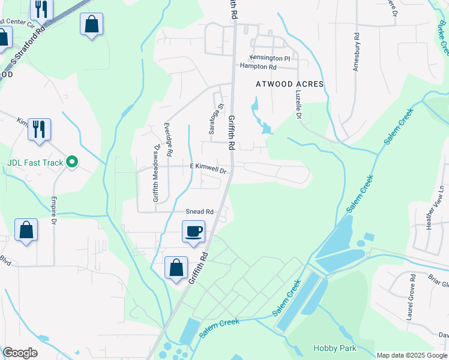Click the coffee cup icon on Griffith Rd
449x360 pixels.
193,231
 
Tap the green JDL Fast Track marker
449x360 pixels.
72,161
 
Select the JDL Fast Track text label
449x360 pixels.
35,161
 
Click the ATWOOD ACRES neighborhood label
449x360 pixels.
290,84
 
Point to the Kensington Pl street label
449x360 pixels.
270,58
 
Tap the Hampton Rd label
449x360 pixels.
257,67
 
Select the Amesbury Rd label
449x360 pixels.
356,52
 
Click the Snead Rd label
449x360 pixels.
199,212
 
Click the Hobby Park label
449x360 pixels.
334,348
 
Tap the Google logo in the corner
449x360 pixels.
20,353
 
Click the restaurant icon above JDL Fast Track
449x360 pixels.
39,128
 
